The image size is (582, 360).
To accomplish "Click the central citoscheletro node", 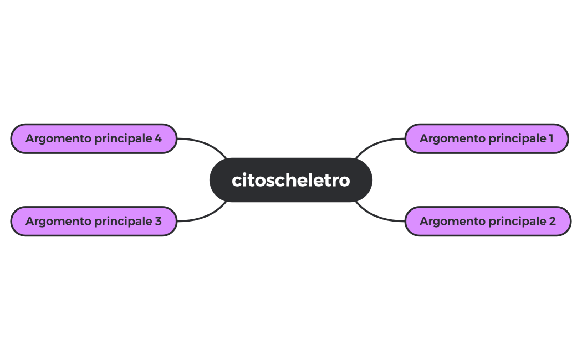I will [290, 180].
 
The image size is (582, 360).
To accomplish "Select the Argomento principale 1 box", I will [487, 138].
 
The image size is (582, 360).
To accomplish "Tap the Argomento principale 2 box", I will [488, 222].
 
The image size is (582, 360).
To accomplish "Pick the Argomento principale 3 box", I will [94, 222].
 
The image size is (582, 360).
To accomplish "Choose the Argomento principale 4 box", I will [94, 138].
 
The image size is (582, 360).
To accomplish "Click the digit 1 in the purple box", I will [551, 138].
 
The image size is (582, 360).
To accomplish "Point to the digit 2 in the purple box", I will [552, 222].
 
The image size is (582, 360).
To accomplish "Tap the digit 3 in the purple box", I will [158, 222].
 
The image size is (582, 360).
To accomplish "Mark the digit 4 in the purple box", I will [158, 138].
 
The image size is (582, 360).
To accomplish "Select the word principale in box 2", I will [512, 222].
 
